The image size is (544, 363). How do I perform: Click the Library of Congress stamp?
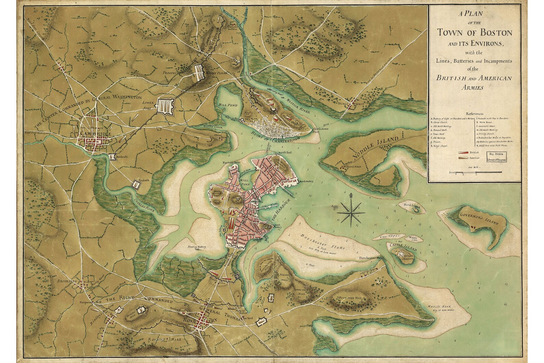click(x=498, y=157)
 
